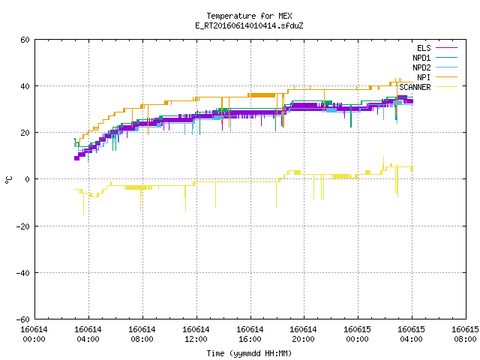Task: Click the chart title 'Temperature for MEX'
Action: pos(249,16)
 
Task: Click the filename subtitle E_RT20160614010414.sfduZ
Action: pos(249,25)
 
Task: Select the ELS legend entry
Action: pos(437,48)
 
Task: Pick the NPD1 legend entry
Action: pos(435,58)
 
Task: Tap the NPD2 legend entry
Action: pos(435,67)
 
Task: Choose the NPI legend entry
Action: pos(437,77)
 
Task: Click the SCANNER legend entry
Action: pos(428,87)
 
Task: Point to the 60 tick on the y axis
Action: pos(25,40)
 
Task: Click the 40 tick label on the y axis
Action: pos(25,86)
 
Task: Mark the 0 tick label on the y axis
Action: pos(28,179)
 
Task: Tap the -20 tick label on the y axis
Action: pos(23,226)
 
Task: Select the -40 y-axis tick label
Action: pos(23,273)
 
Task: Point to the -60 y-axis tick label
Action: pos(23,319)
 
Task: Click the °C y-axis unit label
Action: pos(8,180)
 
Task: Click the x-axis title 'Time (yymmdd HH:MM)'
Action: pos(249,353)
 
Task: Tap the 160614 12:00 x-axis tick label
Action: pos(196,334)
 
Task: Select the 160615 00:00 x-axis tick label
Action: pos(357,334)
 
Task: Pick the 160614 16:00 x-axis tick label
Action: pos(250,334)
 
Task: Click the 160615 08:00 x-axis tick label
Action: pos(465,334)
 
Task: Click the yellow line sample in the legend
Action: pos(446,87)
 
